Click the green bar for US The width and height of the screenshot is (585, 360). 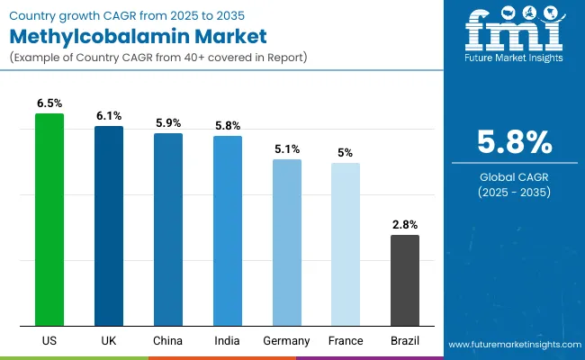click(49, 220)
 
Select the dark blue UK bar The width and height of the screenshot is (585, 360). click(109, 226)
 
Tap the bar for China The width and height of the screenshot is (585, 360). click(168, 229)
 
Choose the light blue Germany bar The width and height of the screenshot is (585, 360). click(287, 242)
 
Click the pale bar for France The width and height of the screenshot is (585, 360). click(346, 244)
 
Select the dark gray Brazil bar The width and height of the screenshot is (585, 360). click(405, 280)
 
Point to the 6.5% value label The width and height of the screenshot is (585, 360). click(49, 103)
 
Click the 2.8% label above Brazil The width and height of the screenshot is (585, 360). click(405, 224)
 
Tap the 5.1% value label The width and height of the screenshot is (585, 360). click(287, 148)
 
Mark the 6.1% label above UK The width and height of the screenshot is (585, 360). click(109, 116)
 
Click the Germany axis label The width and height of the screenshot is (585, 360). click(287, 341)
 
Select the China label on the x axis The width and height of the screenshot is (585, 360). click(168, 341)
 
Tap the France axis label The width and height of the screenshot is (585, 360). click(346, 341)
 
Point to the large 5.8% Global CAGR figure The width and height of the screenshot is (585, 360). click(513, 143)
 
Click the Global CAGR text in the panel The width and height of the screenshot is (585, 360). click(513, 177)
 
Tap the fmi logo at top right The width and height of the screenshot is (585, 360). click(513, 33)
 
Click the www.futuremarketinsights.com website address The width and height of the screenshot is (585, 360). click(512, 345)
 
